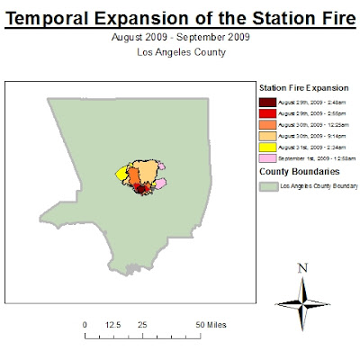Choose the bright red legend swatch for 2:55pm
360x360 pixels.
pyautogui.click(x=267, y=114)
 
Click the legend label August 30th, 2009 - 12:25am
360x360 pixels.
pyautogui.click(x=310, y=125)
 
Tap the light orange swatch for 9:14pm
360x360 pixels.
pyautogui.click(x=267, y=136)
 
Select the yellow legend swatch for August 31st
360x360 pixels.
pyautogui.click(x=267, y=147)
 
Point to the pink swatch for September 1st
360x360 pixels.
pyautogui.click(x=267, y=157)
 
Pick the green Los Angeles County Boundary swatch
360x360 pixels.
pyautogui.click(x=267, y=187)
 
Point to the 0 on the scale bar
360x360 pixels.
pyautogui.click(x=85, y=323)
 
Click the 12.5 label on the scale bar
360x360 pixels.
pyautogui.click(x=113, y=323)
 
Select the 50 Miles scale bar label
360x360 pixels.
pyautogui.click(x=207, y=323)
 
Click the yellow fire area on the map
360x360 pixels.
pyautogui.click(x=120, y=175)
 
